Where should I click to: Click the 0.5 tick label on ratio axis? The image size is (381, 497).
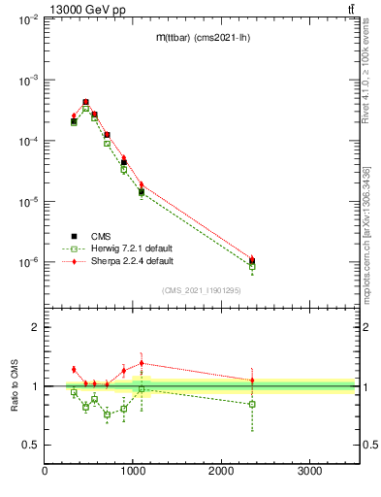tap(31, 445)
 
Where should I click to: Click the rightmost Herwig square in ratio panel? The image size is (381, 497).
tap(252, 404)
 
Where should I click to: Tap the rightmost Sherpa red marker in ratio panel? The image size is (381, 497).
tap(252, 381)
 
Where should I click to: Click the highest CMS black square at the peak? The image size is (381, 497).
tap(85, 102)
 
